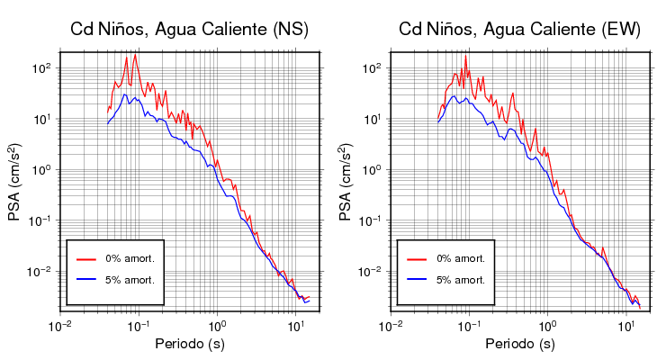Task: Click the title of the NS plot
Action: pos(189,30)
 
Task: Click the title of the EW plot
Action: pos(519,30)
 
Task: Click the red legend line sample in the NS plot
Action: pos(86,258)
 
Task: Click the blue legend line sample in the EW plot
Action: pos(417,280)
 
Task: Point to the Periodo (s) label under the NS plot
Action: pos(189,344)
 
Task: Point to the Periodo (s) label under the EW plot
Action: pos(519,344)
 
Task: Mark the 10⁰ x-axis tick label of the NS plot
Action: pos(216,323)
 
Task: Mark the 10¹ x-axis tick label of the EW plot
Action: pos(625,323)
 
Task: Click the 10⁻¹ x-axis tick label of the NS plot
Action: pos(138,323)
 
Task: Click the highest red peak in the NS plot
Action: pos(135,56)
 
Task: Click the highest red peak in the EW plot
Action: pos(466,57)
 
